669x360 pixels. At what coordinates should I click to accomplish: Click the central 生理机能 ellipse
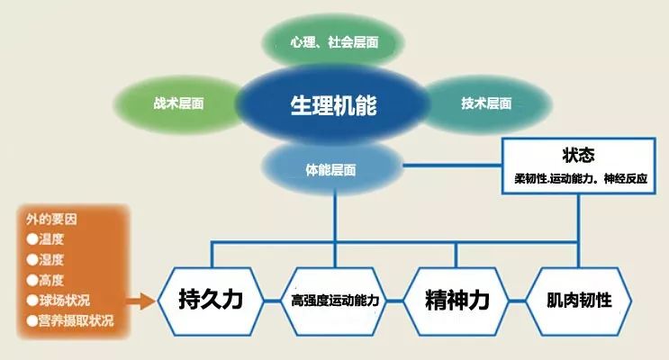[333, 104]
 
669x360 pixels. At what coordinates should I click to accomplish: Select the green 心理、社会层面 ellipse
[334, 42]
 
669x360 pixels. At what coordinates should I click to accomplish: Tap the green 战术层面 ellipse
[178, 103]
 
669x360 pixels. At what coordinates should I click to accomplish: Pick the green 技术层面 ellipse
[486, 103]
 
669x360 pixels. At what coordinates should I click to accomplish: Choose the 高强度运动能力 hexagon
[333, 300]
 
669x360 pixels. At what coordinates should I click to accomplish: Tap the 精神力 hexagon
[457, 299]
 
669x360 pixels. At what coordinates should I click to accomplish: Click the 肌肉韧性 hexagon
[579, 299]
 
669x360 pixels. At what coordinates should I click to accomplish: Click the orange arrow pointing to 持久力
[140, 300]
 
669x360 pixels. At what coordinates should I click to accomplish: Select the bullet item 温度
[50, 240]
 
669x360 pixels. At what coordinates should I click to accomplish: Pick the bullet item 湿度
[50, 260]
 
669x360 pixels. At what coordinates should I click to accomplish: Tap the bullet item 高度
[50, 280]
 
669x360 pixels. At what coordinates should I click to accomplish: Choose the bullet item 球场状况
[63, 300]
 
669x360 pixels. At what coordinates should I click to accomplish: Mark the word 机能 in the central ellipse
[357, 104]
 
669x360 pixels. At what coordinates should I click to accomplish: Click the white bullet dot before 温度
[32, 240]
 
